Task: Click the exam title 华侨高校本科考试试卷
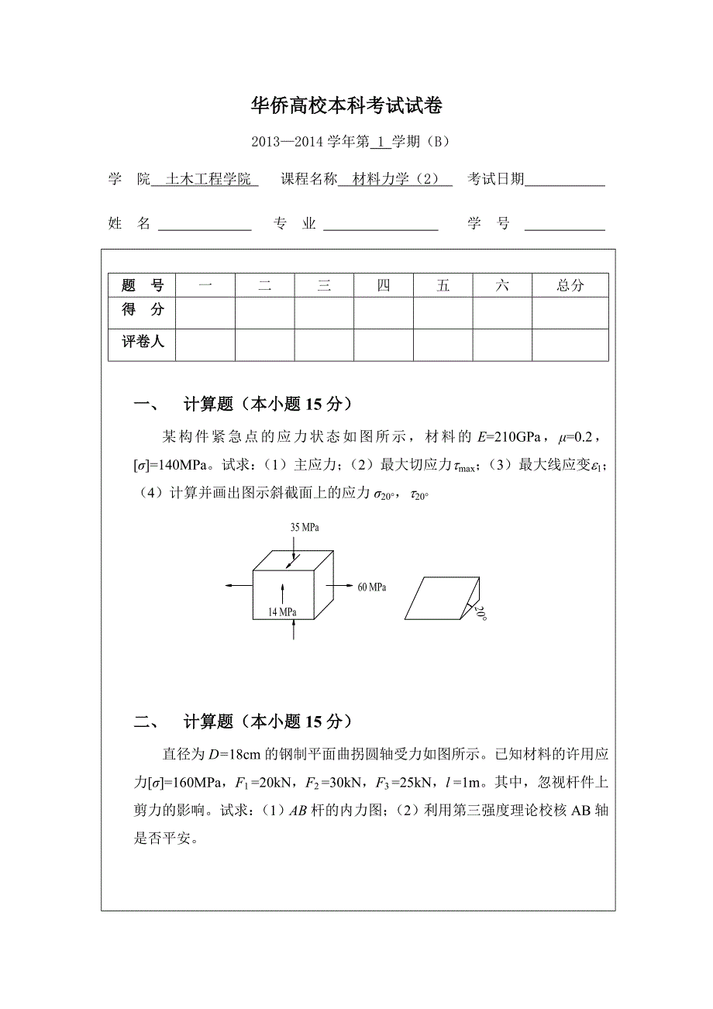point(347,106)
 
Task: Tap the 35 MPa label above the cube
point(305,528)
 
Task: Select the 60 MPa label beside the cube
point(372,587)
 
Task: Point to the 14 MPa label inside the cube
point(282,612)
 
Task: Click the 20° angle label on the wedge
point(481,614)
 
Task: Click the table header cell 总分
point(570,285)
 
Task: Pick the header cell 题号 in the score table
point(143,285)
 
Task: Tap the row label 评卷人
point(143,341)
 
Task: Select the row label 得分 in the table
point(143,310)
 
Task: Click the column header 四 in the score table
point(384,285)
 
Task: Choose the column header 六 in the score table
point(502,285)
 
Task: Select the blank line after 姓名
point(205,226)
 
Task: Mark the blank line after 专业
point(381,226)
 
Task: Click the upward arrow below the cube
point(294,630)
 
